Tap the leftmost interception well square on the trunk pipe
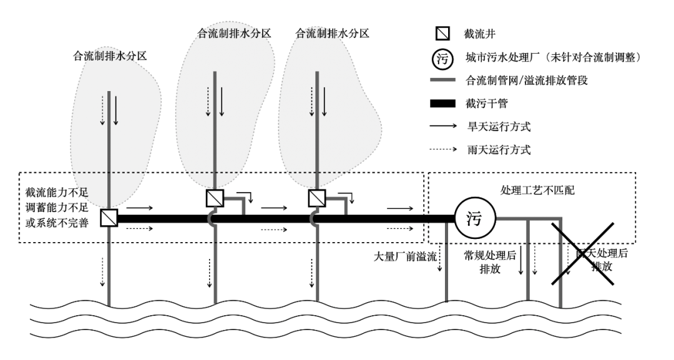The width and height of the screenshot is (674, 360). pyautogui.click(x=109, y=218)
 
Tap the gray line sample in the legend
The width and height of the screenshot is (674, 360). pyautogui.click(x=442, y=80)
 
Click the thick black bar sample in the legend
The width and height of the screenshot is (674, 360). pyautogui.click(x=442, y=104)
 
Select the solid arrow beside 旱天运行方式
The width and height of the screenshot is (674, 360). pyautogui.click(x=442, y=127)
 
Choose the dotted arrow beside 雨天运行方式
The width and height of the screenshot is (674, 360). pyautogui.click(x=442, y=150)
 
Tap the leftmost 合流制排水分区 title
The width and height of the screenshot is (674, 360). pyautogui.click(x=110, y=56)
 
